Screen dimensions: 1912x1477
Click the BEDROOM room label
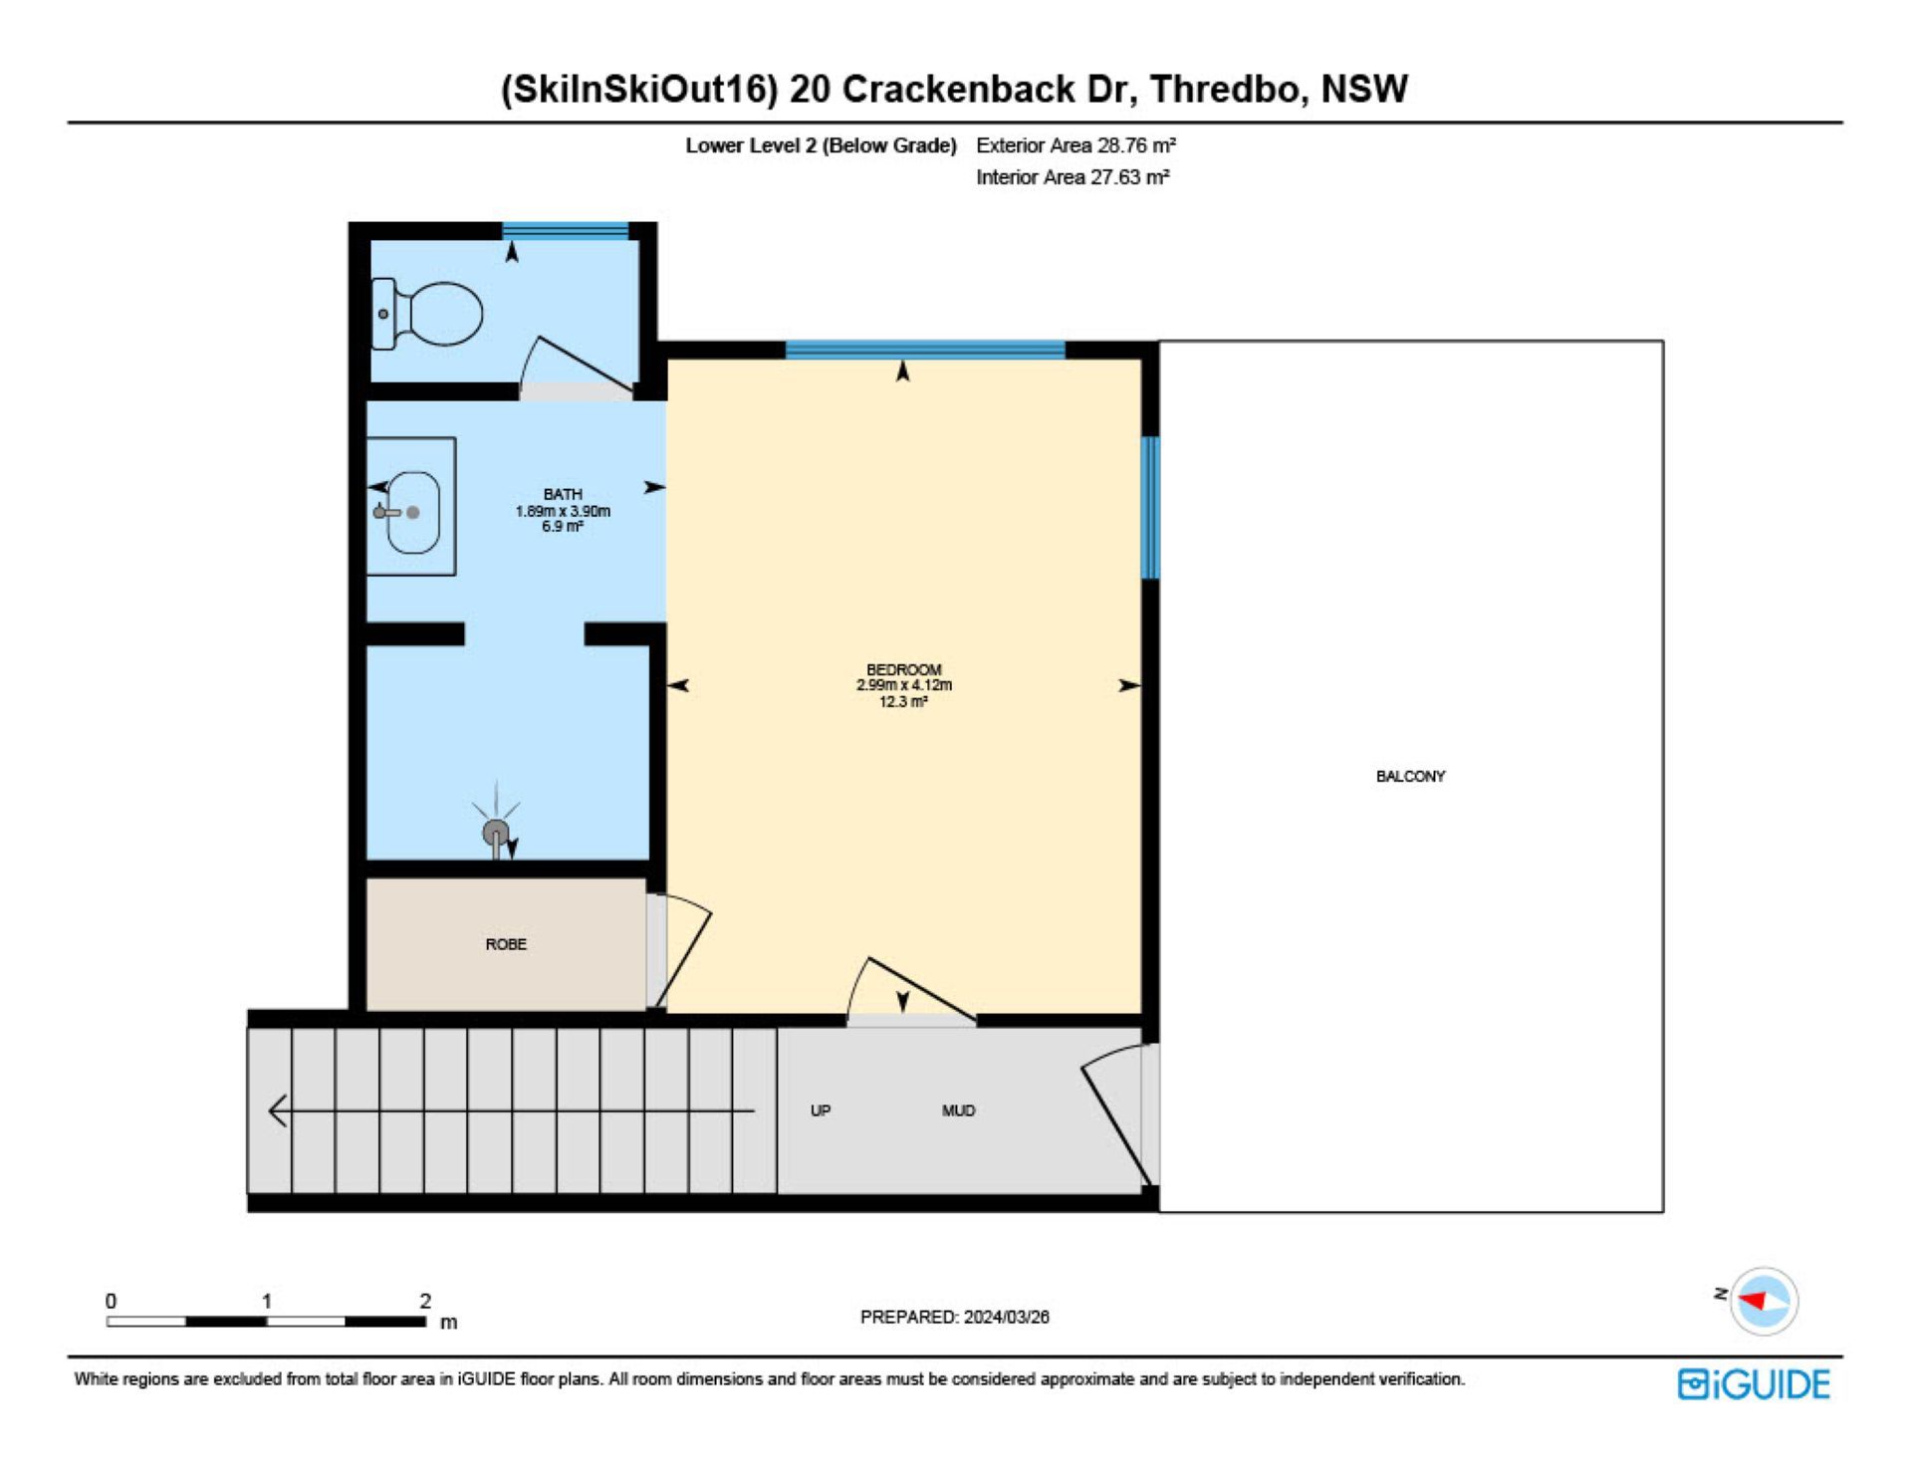coord(904,670)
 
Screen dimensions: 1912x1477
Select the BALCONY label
coord(1410,776)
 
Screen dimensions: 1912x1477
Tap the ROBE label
coord(506,944)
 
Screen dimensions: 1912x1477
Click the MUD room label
coord(958,1110)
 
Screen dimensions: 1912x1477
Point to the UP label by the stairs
coord(821,1110)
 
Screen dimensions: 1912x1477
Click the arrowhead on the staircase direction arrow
coord(278,1110)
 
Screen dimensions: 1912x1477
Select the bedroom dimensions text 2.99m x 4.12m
coord(904,685)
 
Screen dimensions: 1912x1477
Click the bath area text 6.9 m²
coord(563,527)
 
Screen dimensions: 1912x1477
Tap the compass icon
coord(1764,1301)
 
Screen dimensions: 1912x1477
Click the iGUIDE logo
coord(1754,1384)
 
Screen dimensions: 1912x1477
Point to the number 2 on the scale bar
coord(425,1301)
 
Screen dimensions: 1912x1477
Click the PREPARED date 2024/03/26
coord(1006,1317)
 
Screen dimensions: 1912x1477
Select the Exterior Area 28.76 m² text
coord(1075,145)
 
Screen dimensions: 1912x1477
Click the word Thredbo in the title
coord(1225,90)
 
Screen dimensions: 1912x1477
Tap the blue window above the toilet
coord(566,231)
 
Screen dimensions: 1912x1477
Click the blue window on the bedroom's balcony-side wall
coord(1150,508)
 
